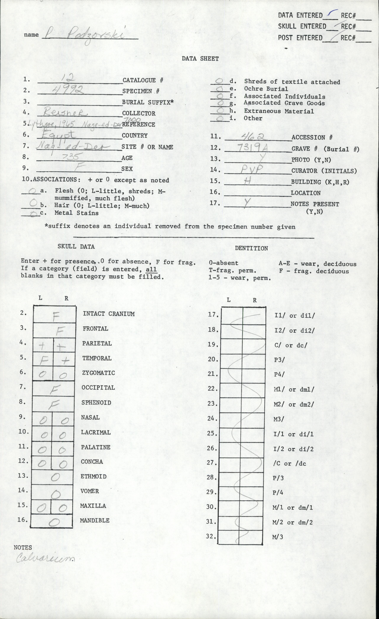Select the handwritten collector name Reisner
65,112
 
